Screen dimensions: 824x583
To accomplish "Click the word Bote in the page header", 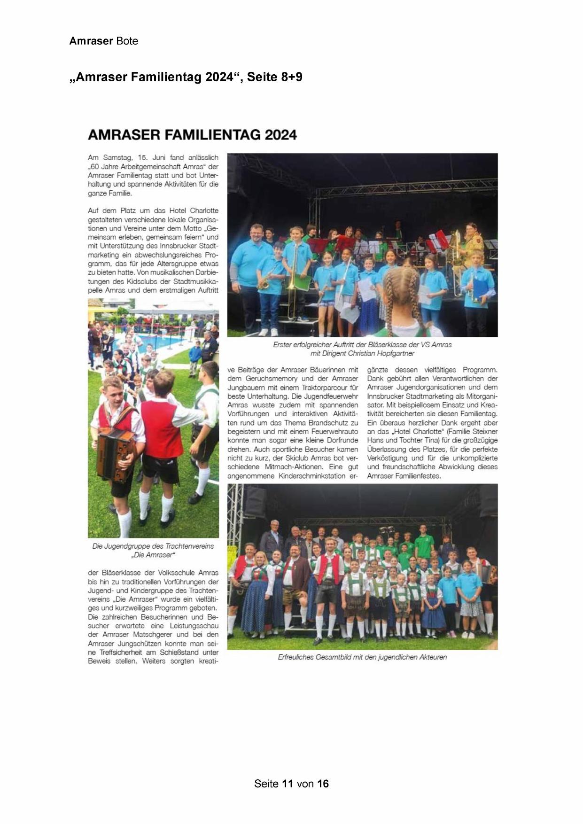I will coord(127,41).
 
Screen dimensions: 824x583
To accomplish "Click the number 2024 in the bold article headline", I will coord(280,135).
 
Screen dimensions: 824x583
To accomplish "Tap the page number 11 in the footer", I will coord(288,784).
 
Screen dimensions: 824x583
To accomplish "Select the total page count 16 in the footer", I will coord(323,784).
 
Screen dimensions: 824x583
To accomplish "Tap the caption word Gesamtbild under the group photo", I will coord(330,657).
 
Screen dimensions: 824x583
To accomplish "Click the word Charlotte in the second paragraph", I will coord(204,210).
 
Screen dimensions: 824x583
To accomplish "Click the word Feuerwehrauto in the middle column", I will coord(335,432).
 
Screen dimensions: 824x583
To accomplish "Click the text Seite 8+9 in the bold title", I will coord(275,77).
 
